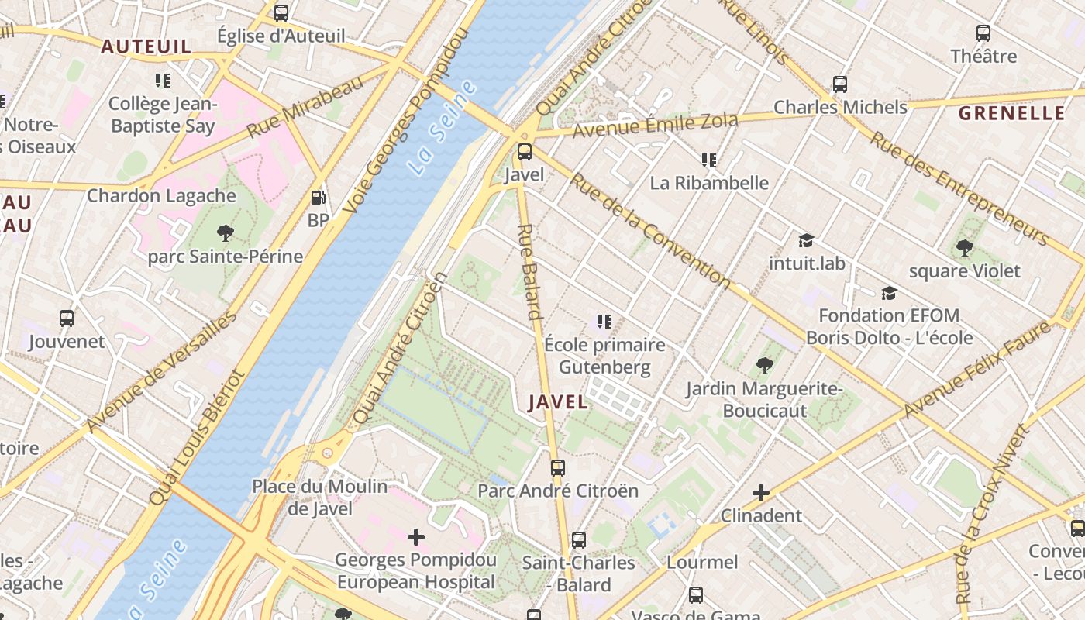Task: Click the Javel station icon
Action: [x=525, y=152]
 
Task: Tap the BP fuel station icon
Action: [x=318, y=198]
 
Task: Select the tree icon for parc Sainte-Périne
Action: [x=226, y=232]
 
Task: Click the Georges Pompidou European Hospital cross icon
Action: [x=416, y=536]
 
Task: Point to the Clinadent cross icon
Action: [x=761, y=492]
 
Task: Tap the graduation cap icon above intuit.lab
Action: [x=806, y=241]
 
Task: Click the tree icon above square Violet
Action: [x=965, y=248]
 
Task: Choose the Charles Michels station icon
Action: [x=840, y=84]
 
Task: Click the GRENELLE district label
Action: [x=1011, y=113]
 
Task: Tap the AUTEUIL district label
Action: [x=146, y=46]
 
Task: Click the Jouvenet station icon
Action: [x=67, y=319]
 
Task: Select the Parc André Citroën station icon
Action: [x=558, y=468]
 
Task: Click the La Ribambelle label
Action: [x=709, y=183]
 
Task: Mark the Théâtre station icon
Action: [x=983, y=33]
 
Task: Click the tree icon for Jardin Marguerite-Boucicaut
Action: [x=765, y=365]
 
